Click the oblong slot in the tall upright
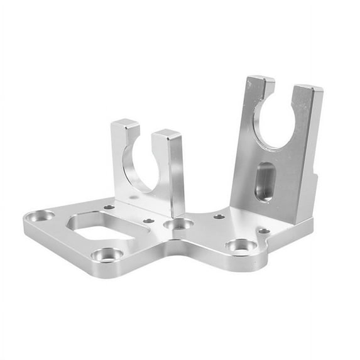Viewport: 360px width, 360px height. [x=265, y=182]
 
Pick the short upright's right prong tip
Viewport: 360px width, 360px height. [x=166, y=134]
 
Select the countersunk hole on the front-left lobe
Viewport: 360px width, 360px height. [x=107, y=255]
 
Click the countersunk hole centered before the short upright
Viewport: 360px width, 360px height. [x=178, y=224]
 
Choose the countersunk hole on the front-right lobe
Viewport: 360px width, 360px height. [x=242, y=246]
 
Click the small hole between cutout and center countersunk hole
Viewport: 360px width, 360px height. [x=148, y=221]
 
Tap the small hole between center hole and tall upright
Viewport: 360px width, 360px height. [x=219, y=217]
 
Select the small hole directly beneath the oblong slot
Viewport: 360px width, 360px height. [x=264, y=231]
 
